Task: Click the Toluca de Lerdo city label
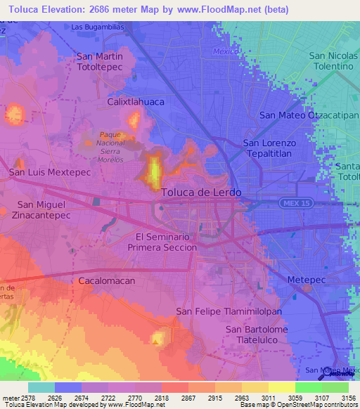(x=201, y=192)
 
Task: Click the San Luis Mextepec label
(x=43, y=171)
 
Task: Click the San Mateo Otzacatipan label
(x=309, y=115)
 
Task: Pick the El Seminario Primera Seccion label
(x=162, y=242)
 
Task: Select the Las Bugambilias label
(x=100, y=27)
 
